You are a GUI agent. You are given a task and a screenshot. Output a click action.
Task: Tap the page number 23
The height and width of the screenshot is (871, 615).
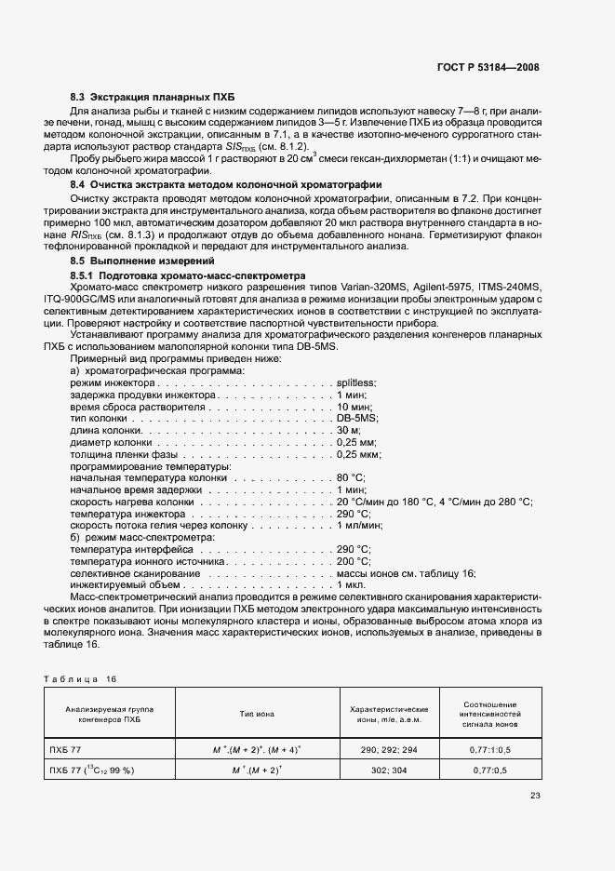(535, 795)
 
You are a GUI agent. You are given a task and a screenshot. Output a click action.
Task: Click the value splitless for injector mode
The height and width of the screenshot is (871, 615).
(355, 382)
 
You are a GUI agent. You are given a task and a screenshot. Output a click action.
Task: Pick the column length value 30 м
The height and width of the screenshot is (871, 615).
(348, 431)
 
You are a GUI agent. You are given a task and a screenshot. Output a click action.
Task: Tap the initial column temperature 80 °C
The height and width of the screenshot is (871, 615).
(351, 478)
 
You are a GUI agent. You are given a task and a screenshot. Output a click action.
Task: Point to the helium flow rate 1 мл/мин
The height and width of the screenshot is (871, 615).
(357, 526)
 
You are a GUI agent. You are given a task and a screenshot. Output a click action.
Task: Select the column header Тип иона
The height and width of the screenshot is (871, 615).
(258, 714)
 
